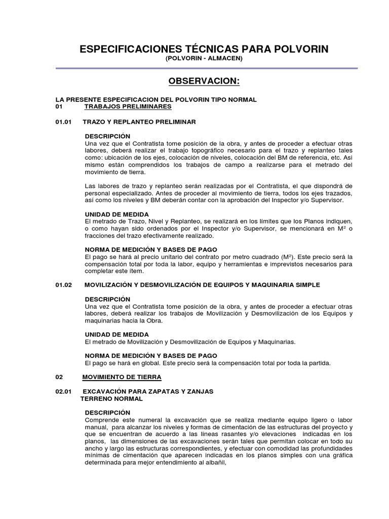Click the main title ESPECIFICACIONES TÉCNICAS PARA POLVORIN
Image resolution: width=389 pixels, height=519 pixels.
[x=204, y=49]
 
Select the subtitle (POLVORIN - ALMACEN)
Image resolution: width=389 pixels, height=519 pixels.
[x=204, y=59]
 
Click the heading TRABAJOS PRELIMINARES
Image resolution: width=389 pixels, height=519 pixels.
[x=128, y=107]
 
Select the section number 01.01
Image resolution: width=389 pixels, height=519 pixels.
[x=64, y=122]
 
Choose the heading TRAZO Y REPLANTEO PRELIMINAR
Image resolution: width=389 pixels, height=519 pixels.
[x=140, y=122]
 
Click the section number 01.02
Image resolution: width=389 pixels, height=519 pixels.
[x=64, y=285]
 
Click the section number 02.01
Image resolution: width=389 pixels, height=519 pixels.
[x=64, y=391]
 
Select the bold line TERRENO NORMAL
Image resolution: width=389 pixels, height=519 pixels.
[x=112, y=398]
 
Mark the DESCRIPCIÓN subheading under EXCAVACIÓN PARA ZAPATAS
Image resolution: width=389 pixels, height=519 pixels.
[x=107, y=413]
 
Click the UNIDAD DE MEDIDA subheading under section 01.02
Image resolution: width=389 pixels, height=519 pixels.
[x=116, y=335]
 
